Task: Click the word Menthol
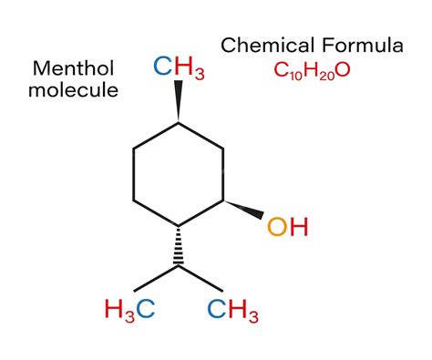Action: [73, 68]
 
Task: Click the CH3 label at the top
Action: [180, 67]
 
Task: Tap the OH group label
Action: [287, 226]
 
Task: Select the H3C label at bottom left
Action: [129, 309]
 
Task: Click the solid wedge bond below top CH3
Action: [179, 102]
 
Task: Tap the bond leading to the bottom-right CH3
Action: [201, 280]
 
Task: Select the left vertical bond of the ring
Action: [134, 173]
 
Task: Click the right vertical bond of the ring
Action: [224, 173]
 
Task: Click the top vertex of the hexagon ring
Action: [179, 122]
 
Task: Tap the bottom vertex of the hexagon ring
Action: [179, 225]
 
